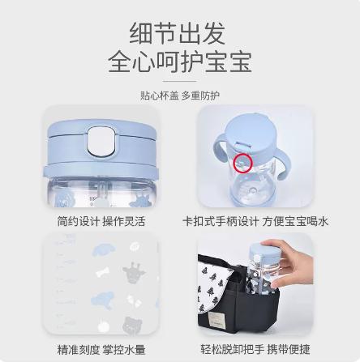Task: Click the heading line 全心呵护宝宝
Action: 179,62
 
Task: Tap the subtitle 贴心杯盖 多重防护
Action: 179,95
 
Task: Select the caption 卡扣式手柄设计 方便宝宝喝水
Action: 255,221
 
